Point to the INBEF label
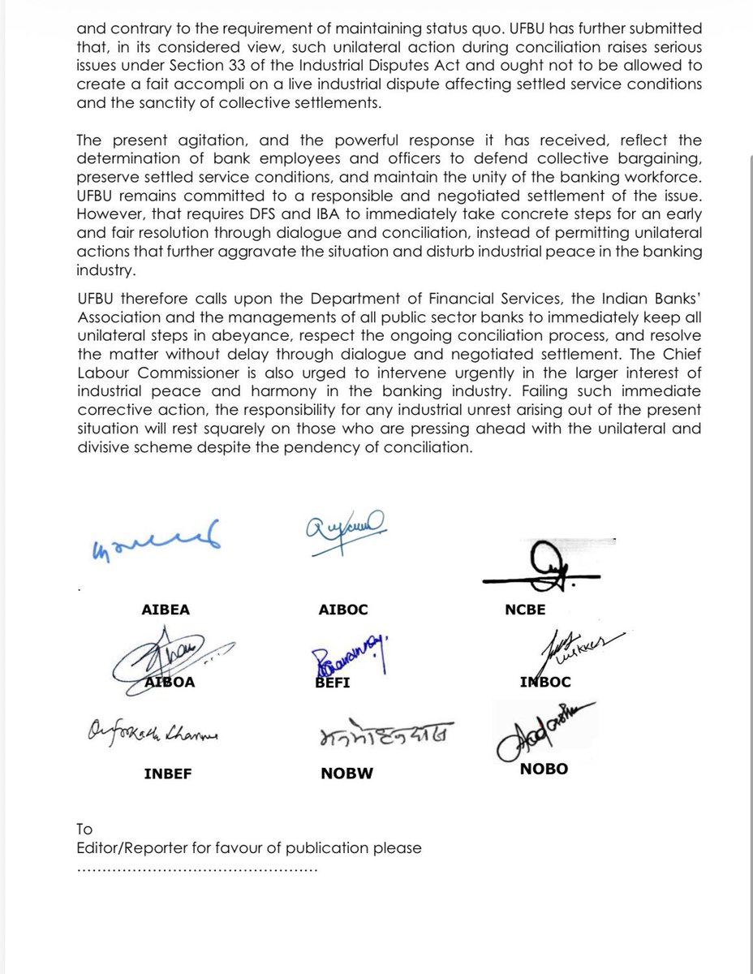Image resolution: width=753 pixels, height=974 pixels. pos(169,774)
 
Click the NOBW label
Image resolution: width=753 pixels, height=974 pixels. pos(346,774)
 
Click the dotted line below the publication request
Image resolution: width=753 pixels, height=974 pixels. pos(197,868)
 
